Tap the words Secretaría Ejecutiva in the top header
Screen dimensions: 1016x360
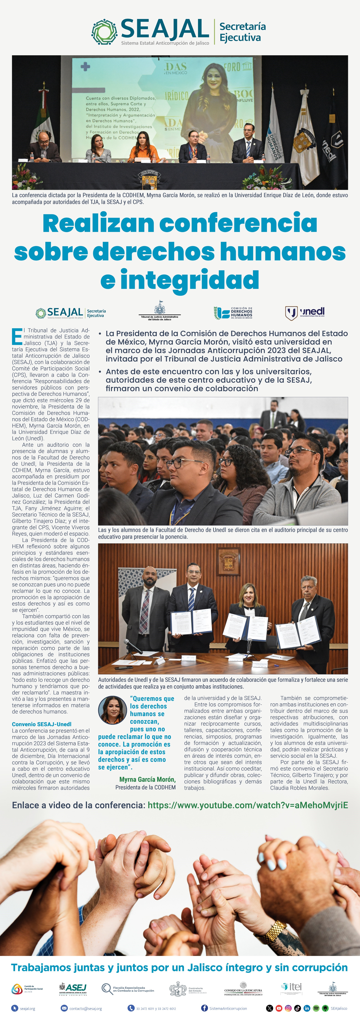(x=242, y=32)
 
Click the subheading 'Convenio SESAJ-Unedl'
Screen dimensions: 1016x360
(x=41, y=724)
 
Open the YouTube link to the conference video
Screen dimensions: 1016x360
(x=248, y=805)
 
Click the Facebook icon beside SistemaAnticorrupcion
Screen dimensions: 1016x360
(x=204, y=1008)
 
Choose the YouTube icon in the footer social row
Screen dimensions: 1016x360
(x=279, y=1008)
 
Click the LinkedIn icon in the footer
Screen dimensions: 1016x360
(x=307, y=1008)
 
